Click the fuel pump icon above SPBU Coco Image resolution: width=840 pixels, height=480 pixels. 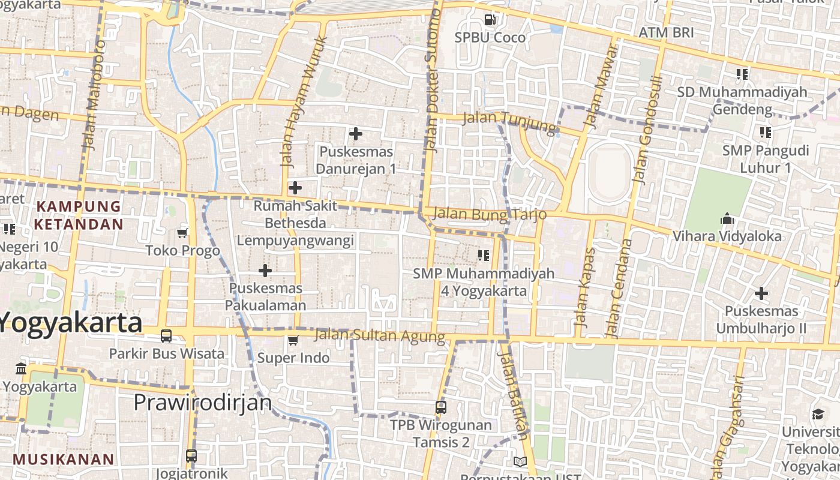490,20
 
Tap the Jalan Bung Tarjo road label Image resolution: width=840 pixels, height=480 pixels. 490,214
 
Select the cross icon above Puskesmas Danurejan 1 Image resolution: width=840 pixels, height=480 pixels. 356,133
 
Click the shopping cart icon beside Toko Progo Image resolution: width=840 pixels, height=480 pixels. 182,233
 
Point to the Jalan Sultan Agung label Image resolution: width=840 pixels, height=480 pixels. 380,335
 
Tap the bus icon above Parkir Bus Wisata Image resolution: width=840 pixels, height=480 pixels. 166,336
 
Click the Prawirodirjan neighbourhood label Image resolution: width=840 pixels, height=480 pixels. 203,402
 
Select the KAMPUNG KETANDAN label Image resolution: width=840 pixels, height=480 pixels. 79,215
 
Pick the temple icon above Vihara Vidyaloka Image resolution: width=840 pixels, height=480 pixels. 727,218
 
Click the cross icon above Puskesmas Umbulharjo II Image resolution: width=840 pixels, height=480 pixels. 761,293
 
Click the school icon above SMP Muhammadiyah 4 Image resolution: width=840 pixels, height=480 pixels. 484,256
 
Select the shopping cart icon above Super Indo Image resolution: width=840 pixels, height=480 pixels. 293,341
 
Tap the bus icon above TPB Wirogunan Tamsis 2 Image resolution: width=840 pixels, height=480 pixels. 441,407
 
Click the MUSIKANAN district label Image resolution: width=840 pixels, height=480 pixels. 63,460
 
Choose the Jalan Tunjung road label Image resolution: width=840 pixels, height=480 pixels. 510,121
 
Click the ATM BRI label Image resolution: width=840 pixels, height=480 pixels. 666,32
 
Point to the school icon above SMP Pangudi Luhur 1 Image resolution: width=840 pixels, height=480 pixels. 765,132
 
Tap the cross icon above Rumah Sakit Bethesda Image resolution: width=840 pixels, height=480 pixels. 295,188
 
